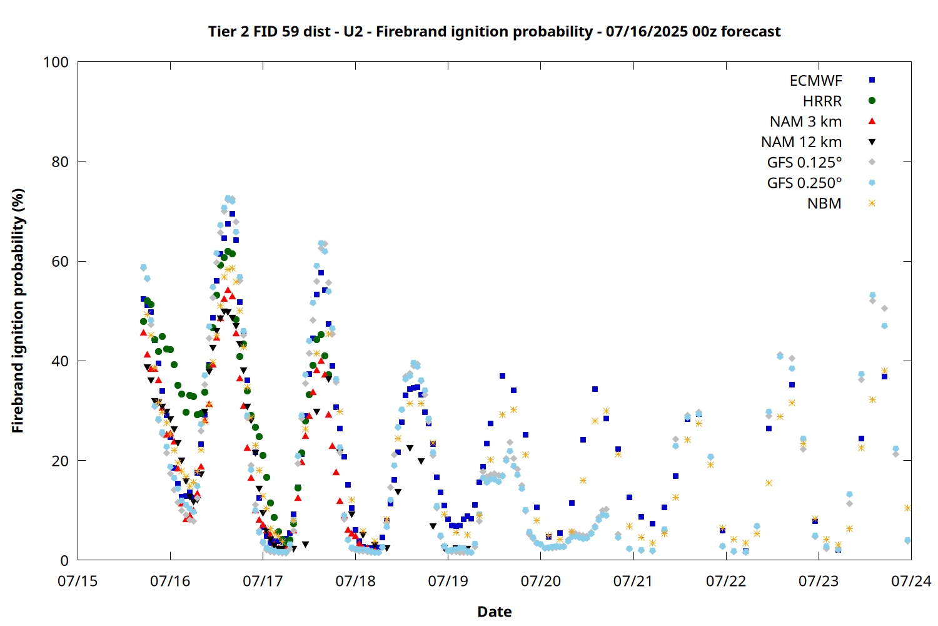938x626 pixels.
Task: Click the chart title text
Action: [x=494, y=31]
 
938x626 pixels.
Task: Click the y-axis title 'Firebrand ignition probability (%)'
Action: [x=18, y=310]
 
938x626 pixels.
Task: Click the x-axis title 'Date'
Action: [x=495, y=612]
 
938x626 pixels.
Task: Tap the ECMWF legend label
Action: [x=815, y=81]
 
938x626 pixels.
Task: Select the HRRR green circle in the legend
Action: [x=872, y=101]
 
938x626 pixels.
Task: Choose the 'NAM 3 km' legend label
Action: [x=805, y=121]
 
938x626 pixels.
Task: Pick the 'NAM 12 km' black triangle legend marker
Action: [x=872, y=142]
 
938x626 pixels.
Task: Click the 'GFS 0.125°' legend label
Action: [x=804, y=162]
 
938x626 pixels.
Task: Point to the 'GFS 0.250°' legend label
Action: [x=804, y=183]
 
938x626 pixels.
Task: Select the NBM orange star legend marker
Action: [x=872, y=203]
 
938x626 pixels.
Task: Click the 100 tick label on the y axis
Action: [x=56, y=62]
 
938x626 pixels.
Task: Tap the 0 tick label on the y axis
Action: [x=64, y=560]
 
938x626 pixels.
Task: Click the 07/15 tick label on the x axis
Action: [x=78, y=581]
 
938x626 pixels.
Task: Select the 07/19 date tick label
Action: [x=448, y=581]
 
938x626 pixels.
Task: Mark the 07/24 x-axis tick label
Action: [x=911, y=581]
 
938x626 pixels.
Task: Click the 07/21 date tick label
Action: [x=633, y=581]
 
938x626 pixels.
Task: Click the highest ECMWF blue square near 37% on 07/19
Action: [x=502, y=376]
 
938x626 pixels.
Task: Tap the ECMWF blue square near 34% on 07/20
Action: [x=595, y=389]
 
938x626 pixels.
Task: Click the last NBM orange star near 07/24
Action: [x=907, y=508]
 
